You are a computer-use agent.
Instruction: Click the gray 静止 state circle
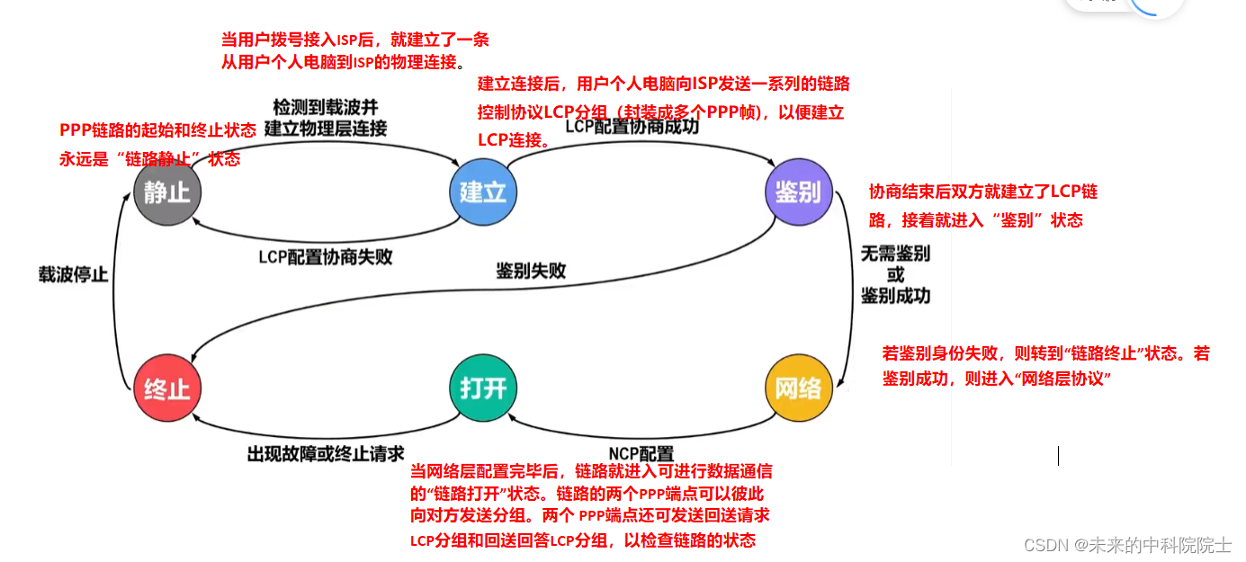tap(167, 192)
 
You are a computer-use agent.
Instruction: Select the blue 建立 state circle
tap(483, 192)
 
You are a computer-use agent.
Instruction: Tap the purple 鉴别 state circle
tap(798, 192)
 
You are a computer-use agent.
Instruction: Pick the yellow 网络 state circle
tap(798, 388)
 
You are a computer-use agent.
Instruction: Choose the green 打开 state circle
tap(483, 388)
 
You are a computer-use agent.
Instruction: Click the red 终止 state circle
tap(167, 388)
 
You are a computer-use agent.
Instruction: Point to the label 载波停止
tap(73, 275)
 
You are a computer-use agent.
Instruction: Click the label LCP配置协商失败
tap(326, 257)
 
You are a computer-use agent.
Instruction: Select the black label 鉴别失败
tap(531, 270)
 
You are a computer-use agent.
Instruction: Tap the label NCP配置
tap(641, 454)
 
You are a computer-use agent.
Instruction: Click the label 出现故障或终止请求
tap(326, 454)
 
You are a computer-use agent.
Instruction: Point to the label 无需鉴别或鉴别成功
tap(895, 274)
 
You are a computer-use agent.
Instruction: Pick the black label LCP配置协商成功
tap(632, 127)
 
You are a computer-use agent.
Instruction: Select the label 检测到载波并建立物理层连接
tap(326, 117)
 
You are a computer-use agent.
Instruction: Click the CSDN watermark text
tap(1127, 545)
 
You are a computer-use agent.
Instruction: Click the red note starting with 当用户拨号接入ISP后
tap(355, 51)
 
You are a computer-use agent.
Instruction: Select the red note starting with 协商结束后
tap(982, 206)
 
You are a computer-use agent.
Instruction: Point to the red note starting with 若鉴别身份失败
tap(1046, 366)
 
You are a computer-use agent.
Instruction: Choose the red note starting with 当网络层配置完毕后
tap(590, 505)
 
